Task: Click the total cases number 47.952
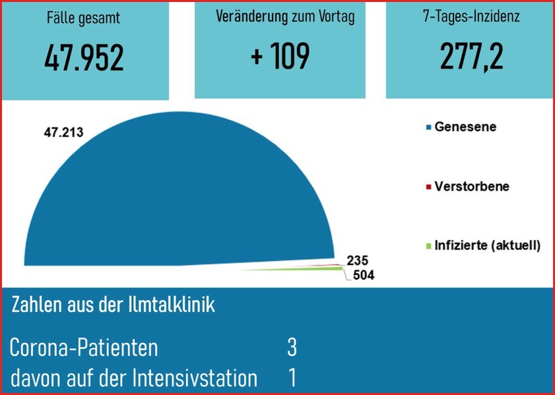84,58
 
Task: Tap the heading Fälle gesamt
84,18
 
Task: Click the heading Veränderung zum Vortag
285,17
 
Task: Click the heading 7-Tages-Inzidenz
471,17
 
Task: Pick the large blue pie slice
165,198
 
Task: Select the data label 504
363,275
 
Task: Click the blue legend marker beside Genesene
428,127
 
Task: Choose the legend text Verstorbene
472,186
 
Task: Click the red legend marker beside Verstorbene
428,187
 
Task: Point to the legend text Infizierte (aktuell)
487,245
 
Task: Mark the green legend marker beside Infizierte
428,246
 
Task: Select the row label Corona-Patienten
84,348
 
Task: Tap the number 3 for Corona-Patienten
292,348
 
